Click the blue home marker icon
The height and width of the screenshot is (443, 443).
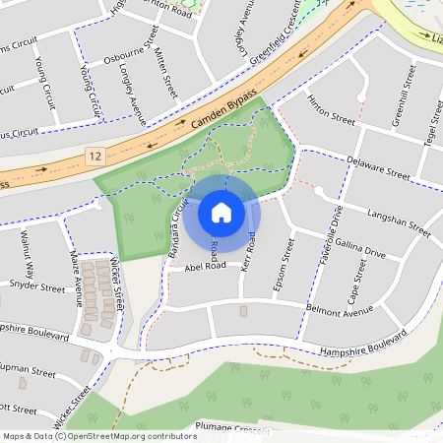point(221,212)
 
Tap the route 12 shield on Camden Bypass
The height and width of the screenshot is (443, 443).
point(95,157)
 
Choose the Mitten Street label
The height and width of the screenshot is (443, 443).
point(166,69)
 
